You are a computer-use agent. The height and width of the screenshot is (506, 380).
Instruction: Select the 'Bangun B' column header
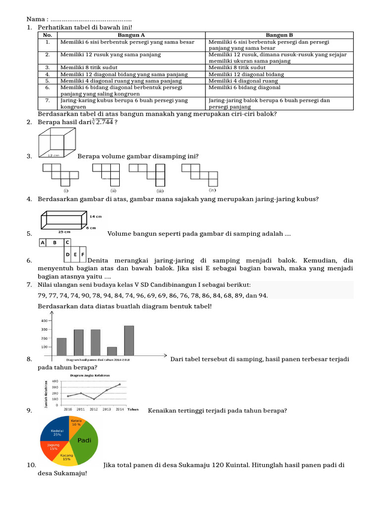[280, 35]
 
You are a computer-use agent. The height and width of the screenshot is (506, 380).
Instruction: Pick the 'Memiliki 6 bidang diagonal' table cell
[244, 87]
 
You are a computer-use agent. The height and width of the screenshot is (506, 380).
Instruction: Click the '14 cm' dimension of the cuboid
[96, 216]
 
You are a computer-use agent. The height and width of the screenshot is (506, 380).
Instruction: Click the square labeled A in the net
[43, 243]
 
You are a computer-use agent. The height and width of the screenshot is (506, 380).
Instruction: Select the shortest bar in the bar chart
[112, 351]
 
